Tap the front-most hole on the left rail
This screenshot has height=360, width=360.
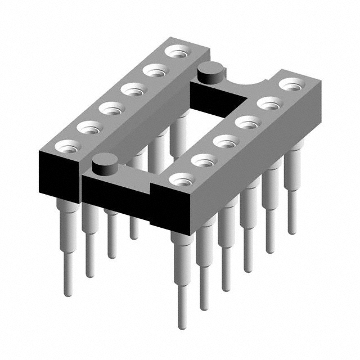[69, 148]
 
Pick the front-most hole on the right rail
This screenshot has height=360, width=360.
[181, 180]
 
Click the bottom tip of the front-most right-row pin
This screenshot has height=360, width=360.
[181, 325]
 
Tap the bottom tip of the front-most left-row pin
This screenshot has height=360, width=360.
[67, 292]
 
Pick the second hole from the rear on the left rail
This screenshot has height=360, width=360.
[153, 71]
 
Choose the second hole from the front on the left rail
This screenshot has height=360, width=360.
[89, 128]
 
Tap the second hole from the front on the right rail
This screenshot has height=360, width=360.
[203, 160]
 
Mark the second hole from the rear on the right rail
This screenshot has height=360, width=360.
[269, 103]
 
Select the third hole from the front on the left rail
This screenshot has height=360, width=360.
[111, 108]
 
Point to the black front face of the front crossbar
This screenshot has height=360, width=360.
[115, 194]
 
